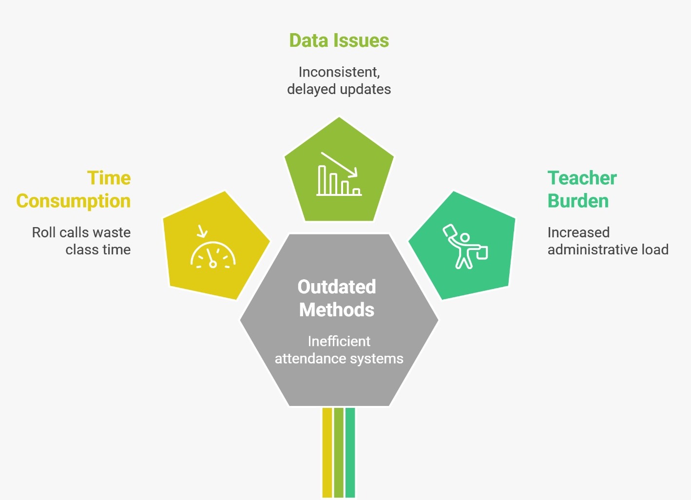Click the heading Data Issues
[x=339, y=40]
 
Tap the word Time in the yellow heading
[x=109, y=178]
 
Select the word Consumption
[x=74, y=201]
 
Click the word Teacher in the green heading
[x=582, y=178]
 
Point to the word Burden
[x=578, y=201]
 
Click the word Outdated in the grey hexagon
[x=337, y=287]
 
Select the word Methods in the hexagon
[x=337, y=309]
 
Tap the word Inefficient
[x=339, y=341]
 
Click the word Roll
[x=43, y=232]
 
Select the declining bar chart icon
[x=339, y=173]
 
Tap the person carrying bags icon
[x=465, y=246]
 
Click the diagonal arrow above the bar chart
[x=339, y=165]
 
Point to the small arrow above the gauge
[x=202, y=231]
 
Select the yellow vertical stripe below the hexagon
[x=327, y=453]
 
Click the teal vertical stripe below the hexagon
[x=350, y=453]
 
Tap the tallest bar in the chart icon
[x=322, y=180]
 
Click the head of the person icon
[x=465, y=238]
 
